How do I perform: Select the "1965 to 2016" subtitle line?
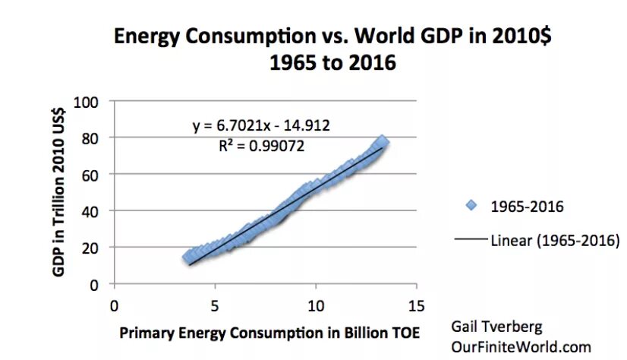(x=332, y=62)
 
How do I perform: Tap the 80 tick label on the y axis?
(x=95, y=137)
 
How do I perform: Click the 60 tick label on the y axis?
(x=95, y=174)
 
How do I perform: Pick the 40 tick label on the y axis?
(x=95, y=211)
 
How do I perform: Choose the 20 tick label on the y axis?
(x=95, y=248)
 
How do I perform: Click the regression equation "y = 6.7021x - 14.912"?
(x=261, y=125)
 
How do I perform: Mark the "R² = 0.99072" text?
(x=260, y=144)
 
